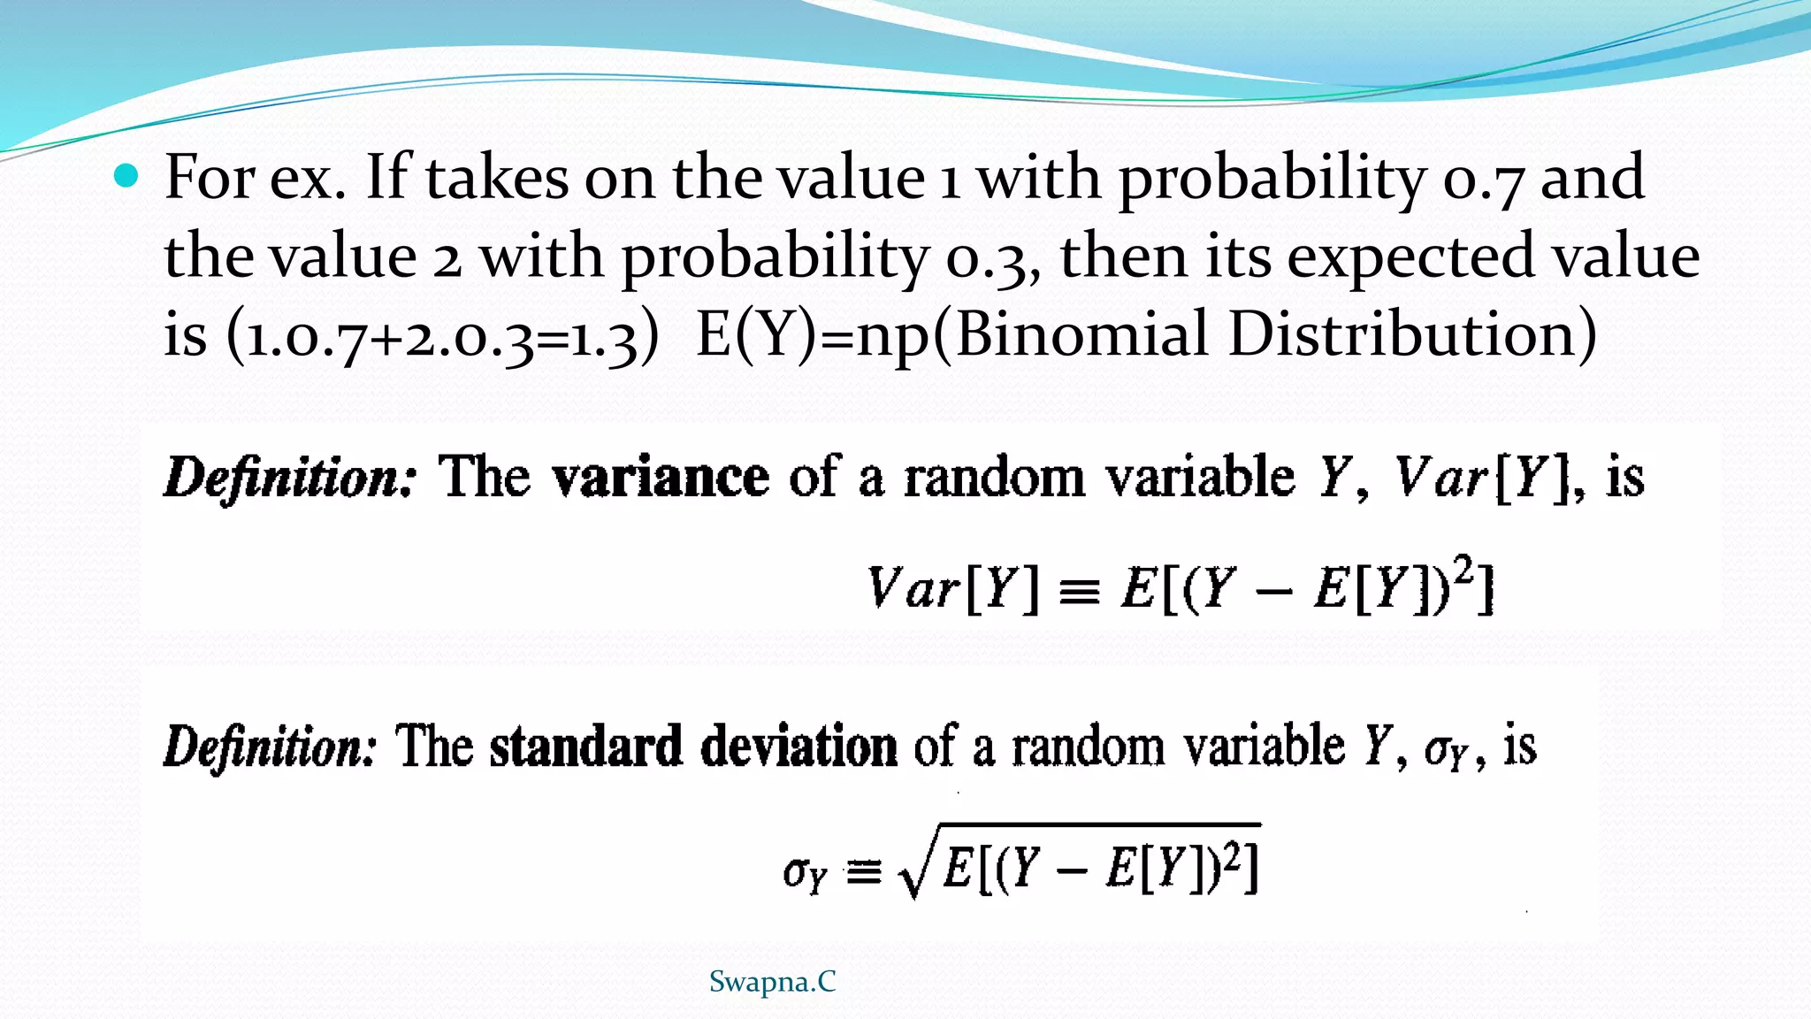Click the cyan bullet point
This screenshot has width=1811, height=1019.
click(127, 177)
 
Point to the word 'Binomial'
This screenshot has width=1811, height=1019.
click(1081, 335)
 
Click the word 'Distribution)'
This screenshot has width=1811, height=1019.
click(1413, 335)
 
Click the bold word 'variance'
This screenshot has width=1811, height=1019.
click(661, 479)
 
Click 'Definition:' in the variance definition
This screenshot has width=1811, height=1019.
click(289, 479)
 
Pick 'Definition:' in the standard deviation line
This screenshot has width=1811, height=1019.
click(271, 747)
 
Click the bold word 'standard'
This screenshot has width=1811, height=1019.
click(585, 747)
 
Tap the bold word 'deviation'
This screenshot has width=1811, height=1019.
click(799, 747)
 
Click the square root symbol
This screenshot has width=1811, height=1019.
click(913, 871)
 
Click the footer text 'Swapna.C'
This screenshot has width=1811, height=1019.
click(772, 982)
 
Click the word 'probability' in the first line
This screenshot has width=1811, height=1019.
click(1272, 180)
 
